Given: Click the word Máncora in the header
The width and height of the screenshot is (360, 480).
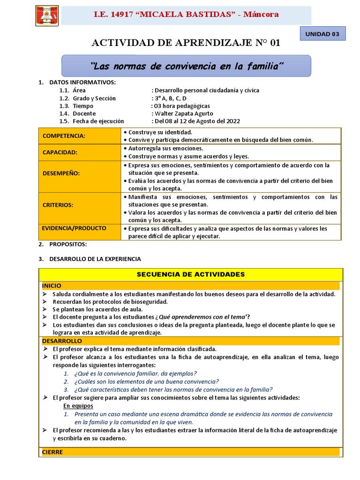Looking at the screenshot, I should point(261,15).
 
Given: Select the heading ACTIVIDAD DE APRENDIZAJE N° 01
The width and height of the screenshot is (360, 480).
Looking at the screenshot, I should point(186,43).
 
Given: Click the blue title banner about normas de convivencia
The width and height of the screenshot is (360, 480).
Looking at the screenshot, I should point(187,66).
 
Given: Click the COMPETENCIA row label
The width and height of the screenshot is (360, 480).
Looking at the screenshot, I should point(64,135).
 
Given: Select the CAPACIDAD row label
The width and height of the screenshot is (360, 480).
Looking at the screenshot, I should point(60,152).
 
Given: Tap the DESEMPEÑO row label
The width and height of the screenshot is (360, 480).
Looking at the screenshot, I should point(61,173).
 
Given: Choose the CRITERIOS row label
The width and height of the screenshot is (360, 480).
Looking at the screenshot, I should point(58,205).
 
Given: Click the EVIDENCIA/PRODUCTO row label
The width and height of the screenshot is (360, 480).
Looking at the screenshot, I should point(74,228).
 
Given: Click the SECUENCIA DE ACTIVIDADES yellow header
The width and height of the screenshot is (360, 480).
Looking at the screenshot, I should point(190,274).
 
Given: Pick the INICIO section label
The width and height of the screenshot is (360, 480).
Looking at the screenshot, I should point(52,285).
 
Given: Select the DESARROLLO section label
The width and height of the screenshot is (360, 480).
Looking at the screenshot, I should point(62,341).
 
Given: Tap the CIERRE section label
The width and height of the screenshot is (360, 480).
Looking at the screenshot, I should point(52,452).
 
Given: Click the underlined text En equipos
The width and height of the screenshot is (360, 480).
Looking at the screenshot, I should point(78,405).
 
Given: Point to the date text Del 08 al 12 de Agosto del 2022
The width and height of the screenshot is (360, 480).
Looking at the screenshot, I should point(197,121).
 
